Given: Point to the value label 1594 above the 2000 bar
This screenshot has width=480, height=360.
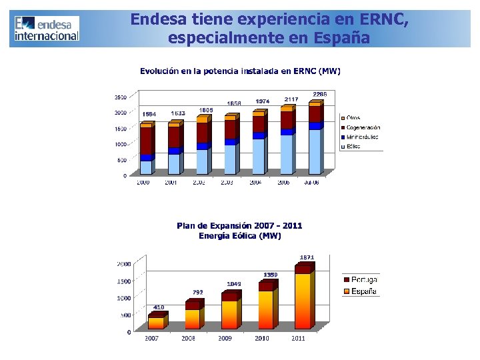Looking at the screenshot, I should pyautogui.click(x=149, y=114).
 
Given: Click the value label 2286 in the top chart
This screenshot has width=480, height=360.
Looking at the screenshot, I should pyautogui.click(x=320, y=95).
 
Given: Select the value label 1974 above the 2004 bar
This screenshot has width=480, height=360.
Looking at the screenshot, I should pyautogui.click(x=263, y=101).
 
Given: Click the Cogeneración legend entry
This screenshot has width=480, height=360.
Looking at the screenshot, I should pyautogui.click(x=363, y=127).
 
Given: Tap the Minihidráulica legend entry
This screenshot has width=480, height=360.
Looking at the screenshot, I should pyautogui.click(x=362, y=137).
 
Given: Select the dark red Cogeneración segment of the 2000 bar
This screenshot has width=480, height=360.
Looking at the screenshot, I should pyautogui.click(x=145, y=141).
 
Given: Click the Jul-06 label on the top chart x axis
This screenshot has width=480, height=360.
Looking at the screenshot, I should pyautogui.click(x=311, y=182).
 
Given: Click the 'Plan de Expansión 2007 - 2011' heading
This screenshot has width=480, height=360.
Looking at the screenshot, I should pyautogui.click(x=239, y=225).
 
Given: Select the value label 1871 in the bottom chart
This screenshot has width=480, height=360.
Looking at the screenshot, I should pyautogui.click(x=307, y=257).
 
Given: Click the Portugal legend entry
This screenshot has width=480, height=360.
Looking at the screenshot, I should pyautogui.click(x=364, y=280).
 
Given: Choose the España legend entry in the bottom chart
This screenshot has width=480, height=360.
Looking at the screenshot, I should pyautogui.click(x=363, y=291).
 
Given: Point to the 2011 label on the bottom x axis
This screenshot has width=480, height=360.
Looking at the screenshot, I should pyautogui.click(x=297, y=339).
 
